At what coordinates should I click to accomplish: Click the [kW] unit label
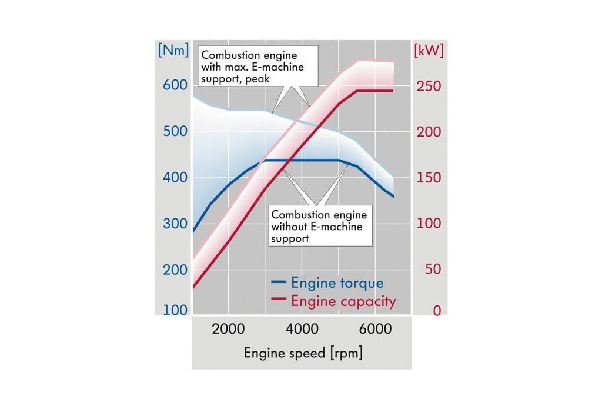coord(429,51)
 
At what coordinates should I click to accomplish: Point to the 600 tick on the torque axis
coord(175,85)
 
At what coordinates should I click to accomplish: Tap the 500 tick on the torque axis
coord(175,131)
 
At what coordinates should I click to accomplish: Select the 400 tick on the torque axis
coord(175,177)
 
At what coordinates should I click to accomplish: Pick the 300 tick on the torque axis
coord(175,224)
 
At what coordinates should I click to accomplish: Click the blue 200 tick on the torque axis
coord(175,270)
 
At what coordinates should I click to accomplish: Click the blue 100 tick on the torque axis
coord(175,310)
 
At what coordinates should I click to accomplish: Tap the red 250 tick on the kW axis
coord(429,86)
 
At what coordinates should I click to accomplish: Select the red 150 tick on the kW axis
coord(429,178)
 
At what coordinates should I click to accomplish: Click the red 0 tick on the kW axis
coord(436,311)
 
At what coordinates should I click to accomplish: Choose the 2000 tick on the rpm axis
coord(228,329)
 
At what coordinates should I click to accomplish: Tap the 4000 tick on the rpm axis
coord(301,329)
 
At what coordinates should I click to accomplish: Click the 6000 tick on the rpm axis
coord(374,329)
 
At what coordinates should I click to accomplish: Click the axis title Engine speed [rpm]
coord(303,353)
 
